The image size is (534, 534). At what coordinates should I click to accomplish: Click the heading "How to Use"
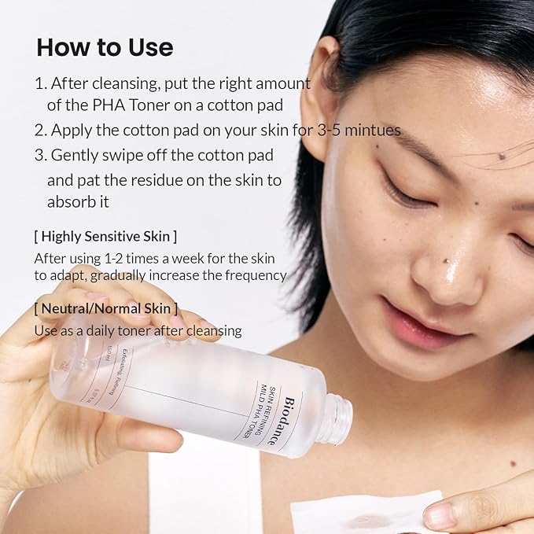coord(105,47)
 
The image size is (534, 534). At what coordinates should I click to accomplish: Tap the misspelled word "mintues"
coord(369,130)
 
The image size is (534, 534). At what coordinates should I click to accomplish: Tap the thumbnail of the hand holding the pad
coord(436,516)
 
